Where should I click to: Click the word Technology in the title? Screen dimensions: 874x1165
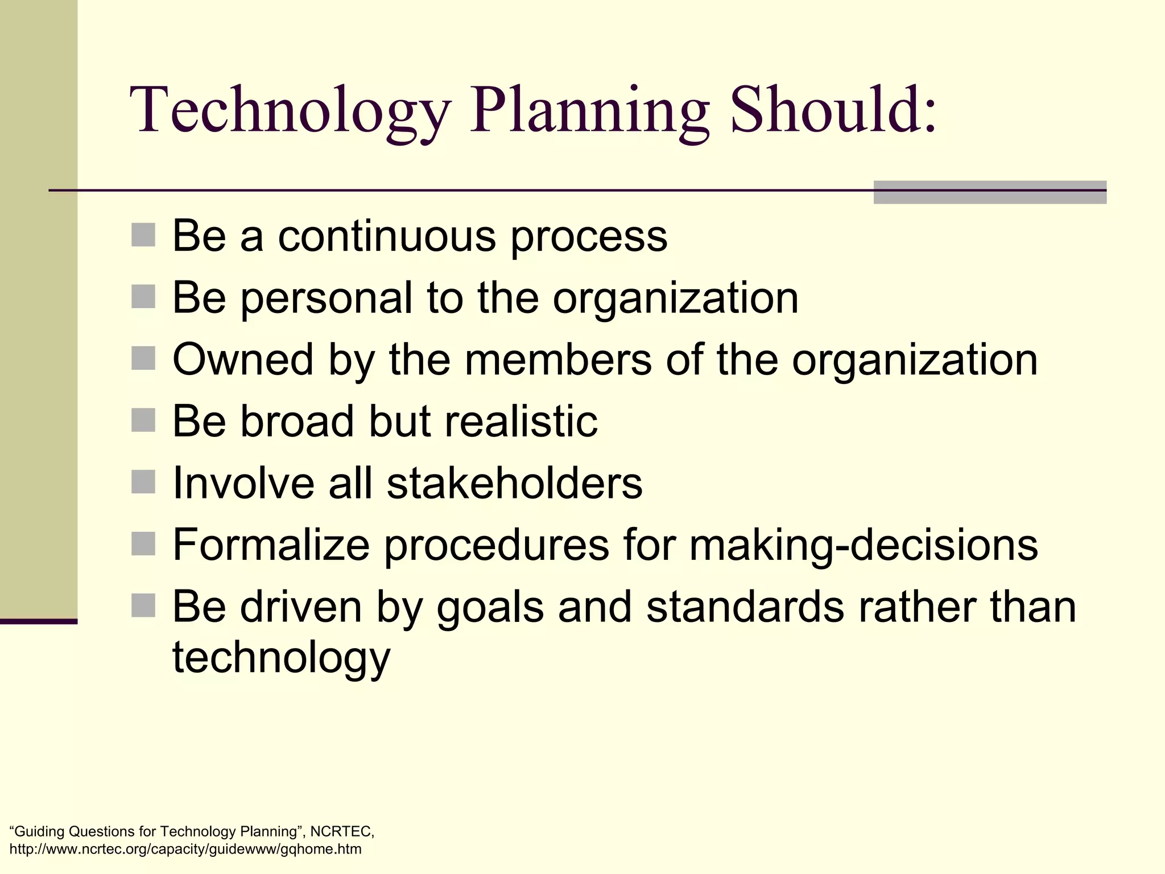[x=290, y=111]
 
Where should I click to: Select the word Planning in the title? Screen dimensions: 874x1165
[x=589, y=111]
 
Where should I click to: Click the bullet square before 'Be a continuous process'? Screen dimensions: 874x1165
[x=143, y=235]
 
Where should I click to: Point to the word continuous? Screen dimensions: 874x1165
[x=387, y=236]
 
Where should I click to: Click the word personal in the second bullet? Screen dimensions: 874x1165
[x=327, y=298]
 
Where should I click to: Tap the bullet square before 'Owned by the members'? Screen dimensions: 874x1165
[x=143, y=358]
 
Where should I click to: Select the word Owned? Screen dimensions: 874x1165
[x=243, y=360]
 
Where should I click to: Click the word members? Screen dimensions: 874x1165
[x=558, y=360]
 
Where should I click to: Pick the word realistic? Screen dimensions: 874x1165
[x=520, y=422]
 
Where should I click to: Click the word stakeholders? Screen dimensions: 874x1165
[x=514, y=484]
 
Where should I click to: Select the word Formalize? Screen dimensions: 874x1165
[x=271, y=545]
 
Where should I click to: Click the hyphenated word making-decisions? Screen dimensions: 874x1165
[x=864, y=545]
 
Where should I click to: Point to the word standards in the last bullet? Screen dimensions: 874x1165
[x=745, y=607]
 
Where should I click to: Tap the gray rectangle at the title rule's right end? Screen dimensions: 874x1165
[x=990, y=192]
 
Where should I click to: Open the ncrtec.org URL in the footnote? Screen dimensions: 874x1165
[x=185, y=850]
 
